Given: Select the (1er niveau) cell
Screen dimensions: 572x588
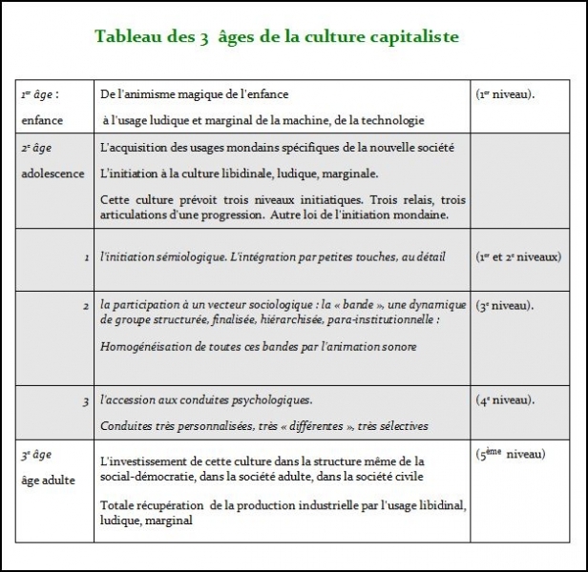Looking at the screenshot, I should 504,94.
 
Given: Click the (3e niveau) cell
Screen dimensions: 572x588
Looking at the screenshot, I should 504,305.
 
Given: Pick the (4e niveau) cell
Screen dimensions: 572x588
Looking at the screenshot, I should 504,399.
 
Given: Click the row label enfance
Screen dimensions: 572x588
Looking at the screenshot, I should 43,120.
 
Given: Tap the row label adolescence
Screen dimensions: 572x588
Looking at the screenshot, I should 52,174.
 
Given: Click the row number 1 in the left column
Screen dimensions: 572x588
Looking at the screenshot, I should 86,257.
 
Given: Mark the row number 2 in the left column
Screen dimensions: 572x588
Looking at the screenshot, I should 86,305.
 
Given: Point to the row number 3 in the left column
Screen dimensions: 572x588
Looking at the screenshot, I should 86,400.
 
